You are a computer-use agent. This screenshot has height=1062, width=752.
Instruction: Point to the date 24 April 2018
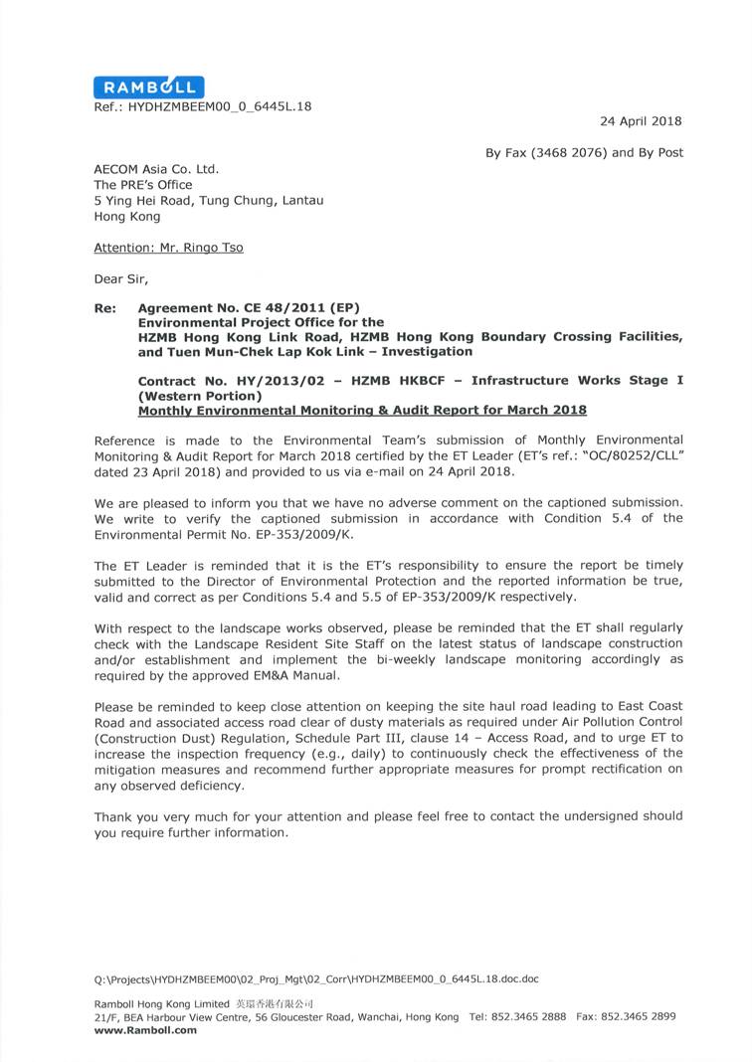641,121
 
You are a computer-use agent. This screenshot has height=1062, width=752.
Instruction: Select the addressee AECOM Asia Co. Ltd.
156,169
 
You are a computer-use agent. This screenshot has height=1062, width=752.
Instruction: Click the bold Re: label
105,308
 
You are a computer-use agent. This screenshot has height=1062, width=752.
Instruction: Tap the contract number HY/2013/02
275,381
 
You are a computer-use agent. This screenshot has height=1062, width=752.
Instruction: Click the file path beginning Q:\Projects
316,978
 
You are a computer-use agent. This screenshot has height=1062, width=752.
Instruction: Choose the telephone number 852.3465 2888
535,1016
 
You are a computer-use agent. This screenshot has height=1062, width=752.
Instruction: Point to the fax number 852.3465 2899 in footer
645,1016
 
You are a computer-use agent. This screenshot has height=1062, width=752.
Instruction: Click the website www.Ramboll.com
145,1030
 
